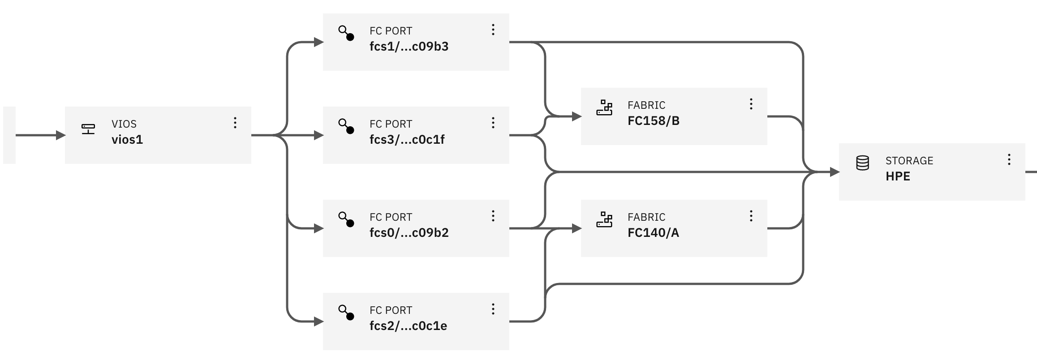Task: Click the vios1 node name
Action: (x=127, y=140)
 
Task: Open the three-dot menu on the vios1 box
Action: (x=235, y=123)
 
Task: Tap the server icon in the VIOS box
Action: (x=88, y=129)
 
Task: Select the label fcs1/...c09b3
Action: (x=409, y=47)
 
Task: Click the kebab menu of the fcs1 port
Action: (x=493, y=30)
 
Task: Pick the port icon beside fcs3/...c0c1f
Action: (x=346, y=126)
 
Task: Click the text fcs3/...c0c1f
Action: (x=407, y=140)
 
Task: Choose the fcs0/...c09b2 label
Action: (x=409, y=233)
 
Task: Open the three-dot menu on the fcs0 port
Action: (x=493, y=216)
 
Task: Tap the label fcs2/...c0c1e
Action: (x=408, y=326)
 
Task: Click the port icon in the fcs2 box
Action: (x=346, y=313)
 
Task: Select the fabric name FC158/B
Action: (x=653, y=121)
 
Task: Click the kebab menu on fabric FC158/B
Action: (x=751, y=104)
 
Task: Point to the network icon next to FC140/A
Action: (x=604, y=219)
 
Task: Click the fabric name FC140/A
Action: (x=653, y=233)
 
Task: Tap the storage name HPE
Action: (x=897, y=176)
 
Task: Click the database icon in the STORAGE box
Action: (x=862, y=163)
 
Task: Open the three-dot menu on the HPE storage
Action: (x=1009, y=159)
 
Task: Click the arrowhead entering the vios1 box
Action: (x=61, y=135)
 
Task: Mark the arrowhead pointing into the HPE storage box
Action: (x=835, y=172)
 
